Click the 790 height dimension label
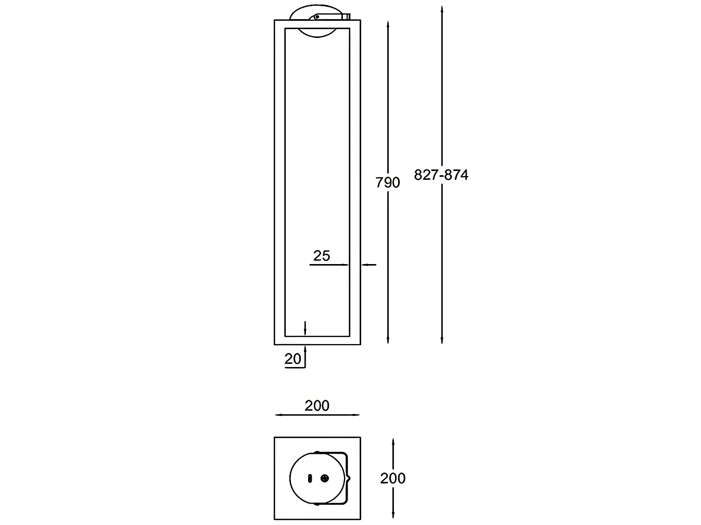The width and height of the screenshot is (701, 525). click(387, 182)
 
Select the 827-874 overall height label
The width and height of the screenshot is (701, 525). click(441, 175)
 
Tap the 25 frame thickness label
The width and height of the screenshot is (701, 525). click(321, 256)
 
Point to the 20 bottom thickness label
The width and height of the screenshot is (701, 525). click(292, 359)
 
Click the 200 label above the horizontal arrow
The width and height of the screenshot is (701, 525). click(317, 406)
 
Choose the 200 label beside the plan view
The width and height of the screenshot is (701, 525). click(393, 478)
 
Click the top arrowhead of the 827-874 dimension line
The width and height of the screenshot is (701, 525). click(442, 9)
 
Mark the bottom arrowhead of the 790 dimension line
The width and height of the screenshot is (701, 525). click(388, 340)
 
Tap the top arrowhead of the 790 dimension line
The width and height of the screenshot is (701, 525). click(388, 24)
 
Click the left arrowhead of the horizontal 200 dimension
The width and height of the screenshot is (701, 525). click(279, 415)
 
